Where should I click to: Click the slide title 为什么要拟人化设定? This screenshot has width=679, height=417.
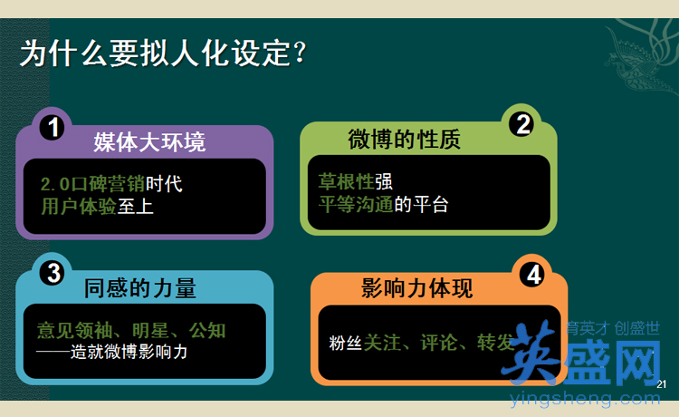[163, 53]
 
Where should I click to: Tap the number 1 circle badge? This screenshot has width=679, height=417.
[53, 128]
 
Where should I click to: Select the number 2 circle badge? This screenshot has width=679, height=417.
[522, 124]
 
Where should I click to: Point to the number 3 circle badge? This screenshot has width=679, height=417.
[53, 273]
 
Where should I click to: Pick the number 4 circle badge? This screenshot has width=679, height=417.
[533, 275]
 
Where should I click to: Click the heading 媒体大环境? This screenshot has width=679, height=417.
[149, 142]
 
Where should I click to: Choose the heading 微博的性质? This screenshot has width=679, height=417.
[404, 139]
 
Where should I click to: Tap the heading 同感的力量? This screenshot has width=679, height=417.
[139, 288]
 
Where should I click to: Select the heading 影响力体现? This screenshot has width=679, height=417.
[416, 288]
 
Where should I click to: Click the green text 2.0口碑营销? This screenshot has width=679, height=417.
[92, 184]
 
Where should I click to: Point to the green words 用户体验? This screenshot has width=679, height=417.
[79, 206]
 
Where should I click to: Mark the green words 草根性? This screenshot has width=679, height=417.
[346, 181]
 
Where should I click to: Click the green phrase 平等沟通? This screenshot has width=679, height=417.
[356, 204]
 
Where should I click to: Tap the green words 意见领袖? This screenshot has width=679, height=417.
[74, 330]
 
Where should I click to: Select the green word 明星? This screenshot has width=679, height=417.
[150, 330]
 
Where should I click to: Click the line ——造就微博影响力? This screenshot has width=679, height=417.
[111, 352]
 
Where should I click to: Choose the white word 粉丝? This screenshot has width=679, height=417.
[346, 343]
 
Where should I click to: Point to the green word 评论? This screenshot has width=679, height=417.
[439, 343]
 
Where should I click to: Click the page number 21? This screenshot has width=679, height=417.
[661, 384]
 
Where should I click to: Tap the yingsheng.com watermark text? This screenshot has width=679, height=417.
[585, 398]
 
